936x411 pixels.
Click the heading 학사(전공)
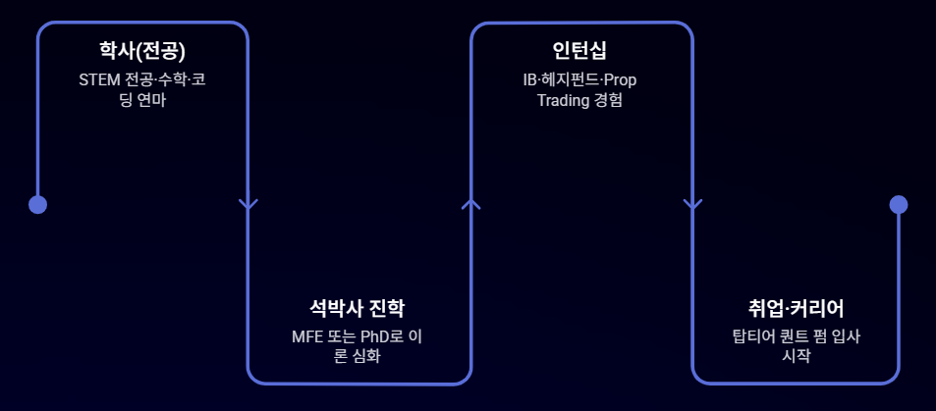[x=142, y=51]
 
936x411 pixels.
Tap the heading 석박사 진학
[x=357, y=309]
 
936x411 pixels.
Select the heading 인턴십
[x=579, y=51]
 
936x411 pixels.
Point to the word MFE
[x=308, y=336]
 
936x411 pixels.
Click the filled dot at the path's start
[x=37, y=204]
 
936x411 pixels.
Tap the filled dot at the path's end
[x=898, y=204]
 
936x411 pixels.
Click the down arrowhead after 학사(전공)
[x=248, y=204]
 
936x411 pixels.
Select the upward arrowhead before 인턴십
[x=471, y=203]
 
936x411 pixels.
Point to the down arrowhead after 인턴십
[x=692, y=204]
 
